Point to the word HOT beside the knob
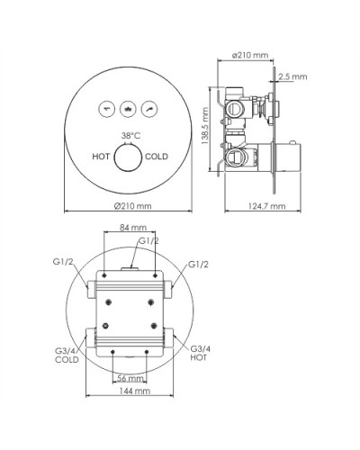tap(101, 156)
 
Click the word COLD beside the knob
tap(157, 156)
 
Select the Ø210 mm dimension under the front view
tap(132, 206)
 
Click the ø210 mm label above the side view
tap(250, 55)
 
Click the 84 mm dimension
tap(131, 228)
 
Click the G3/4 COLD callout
tap(66, 354)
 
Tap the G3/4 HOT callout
tap(201, 354)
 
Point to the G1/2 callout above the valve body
tap(149, 241)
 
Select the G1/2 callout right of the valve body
tap(201, 264)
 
